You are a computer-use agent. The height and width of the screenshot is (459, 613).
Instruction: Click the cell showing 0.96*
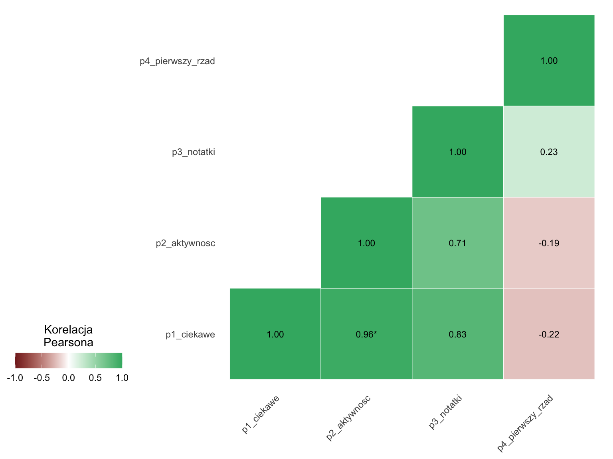(366, 334)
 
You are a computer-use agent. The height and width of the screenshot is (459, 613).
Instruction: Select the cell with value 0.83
(457, 334)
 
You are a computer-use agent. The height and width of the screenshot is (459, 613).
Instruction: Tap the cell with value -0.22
(549, 334)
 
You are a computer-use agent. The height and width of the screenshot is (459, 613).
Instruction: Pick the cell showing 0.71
(457, 243)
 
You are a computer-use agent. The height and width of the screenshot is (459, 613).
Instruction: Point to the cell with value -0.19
(549, 243)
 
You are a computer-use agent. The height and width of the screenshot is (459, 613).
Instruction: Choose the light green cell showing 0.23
(549, 152)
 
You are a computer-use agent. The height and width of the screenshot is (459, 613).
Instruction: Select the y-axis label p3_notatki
(194, 152)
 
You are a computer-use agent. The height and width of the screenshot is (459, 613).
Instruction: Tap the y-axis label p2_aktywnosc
(186, 243)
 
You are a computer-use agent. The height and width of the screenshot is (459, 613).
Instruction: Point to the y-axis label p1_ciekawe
(190, 334)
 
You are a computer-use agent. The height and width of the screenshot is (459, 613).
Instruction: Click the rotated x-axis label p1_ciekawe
(260, 414)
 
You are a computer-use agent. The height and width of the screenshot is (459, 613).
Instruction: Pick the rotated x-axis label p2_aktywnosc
(348, 418)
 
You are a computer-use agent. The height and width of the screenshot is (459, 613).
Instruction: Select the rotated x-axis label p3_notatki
(445, 412)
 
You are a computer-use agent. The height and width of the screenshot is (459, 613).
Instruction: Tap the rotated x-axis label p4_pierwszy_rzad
(525, 423)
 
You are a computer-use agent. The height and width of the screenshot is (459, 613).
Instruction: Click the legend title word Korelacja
(68, 330)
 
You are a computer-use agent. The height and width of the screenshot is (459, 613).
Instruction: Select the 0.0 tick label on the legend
(68, 378)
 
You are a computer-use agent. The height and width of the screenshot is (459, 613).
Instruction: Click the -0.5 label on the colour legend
(42, 378)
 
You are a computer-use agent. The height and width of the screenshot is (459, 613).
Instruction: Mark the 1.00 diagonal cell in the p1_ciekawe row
(275, 334)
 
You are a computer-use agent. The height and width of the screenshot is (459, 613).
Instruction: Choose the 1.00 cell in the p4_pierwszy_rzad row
(549, 61)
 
